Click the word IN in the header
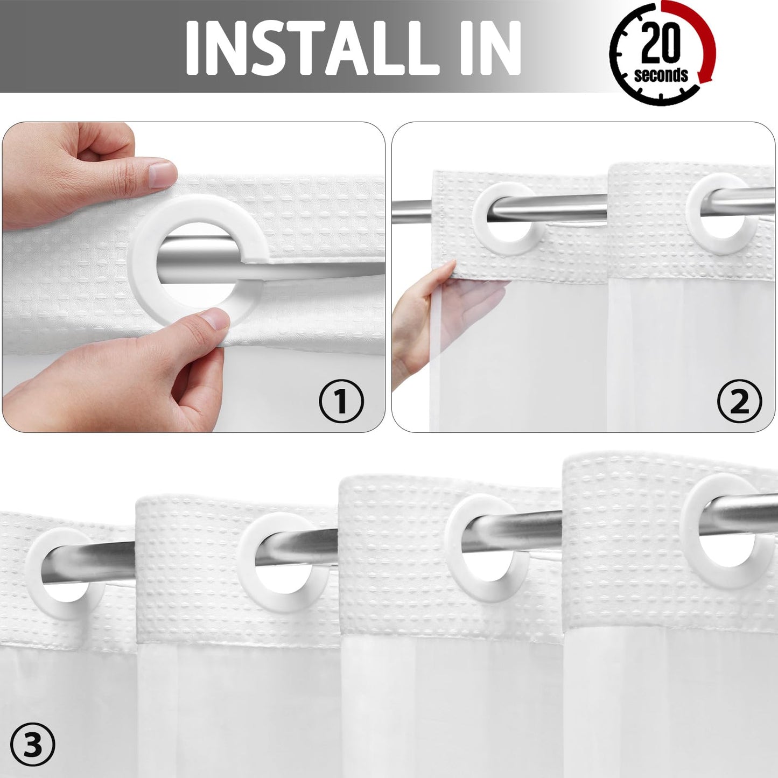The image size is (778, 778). (490, 48)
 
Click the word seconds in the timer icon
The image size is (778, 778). (661, 75)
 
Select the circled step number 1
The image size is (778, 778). (341, 401)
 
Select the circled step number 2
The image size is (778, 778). (740, 401)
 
